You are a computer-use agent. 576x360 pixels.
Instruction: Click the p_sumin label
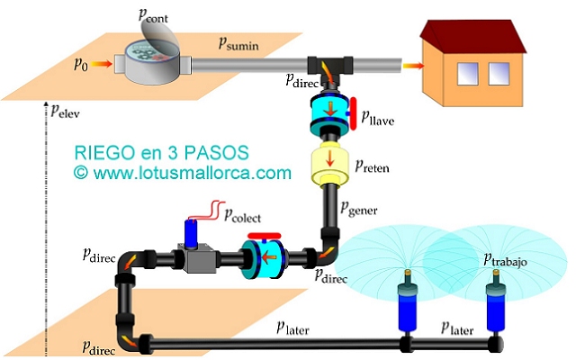242,42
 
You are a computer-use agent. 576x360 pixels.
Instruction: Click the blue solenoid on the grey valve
192,233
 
